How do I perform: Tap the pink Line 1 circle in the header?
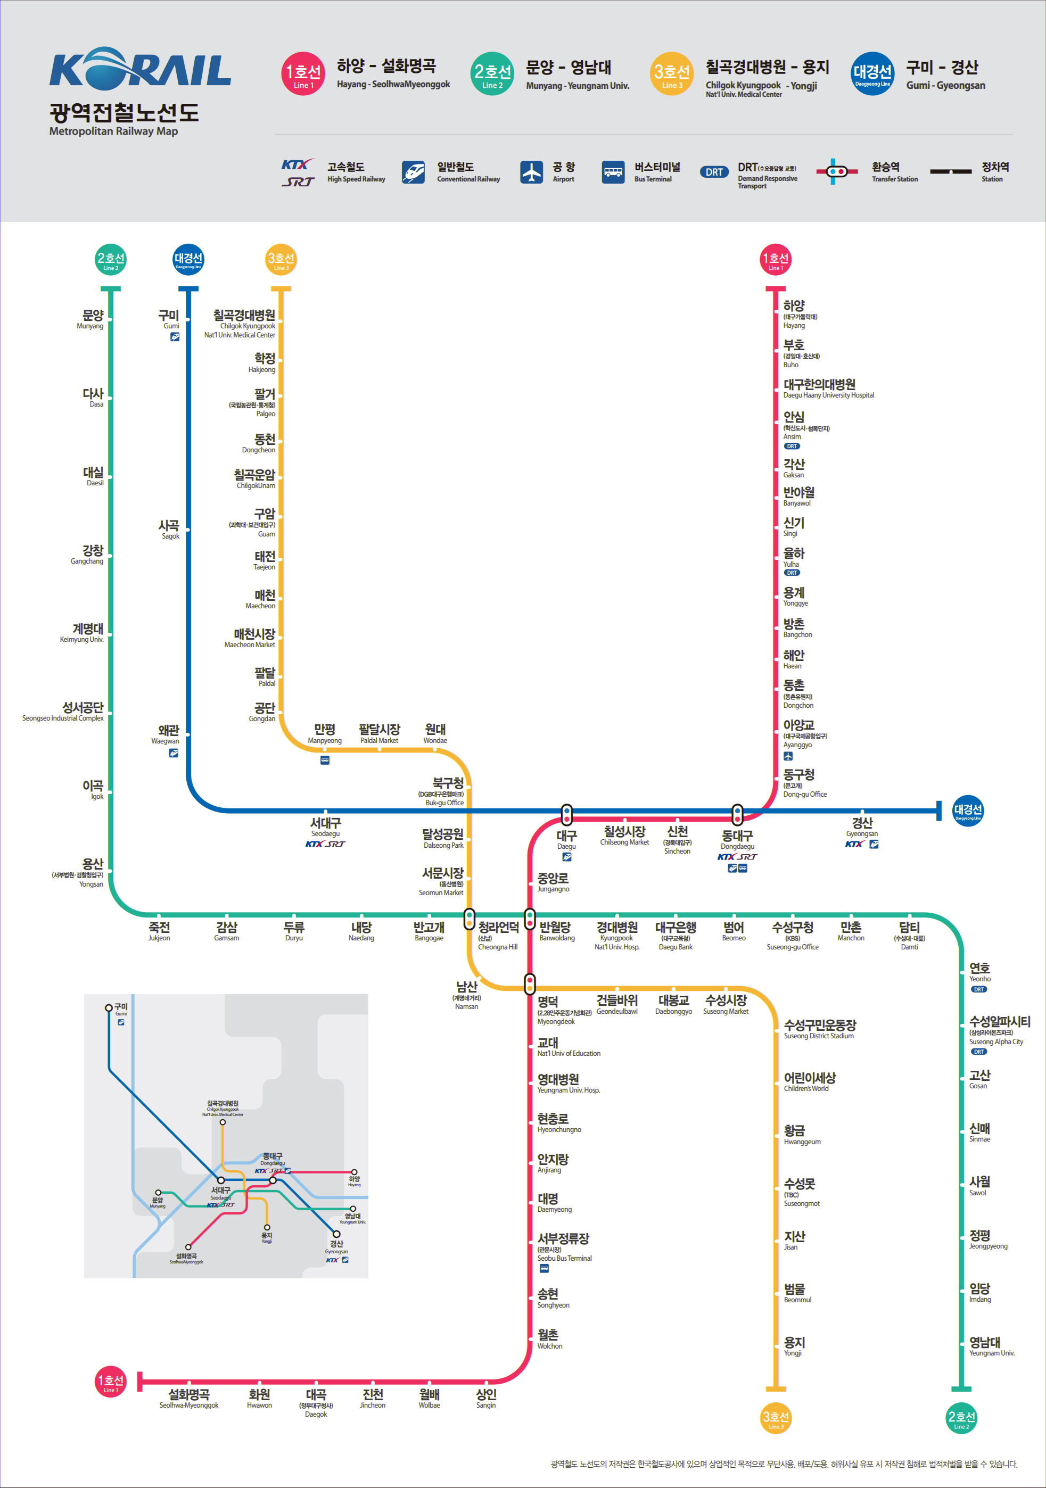(303, 74)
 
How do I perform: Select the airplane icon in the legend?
(531, 172)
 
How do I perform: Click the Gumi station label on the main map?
(169, 319)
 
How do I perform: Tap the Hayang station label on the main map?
(795, 313)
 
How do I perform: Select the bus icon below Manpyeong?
(325, 760)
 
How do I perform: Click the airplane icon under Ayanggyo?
(788, 756)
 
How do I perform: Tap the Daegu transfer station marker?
(566, 814)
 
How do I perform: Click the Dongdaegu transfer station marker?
(737, 814)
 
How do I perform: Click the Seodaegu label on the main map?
(325, 827)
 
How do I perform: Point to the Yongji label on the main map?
(794, 1345)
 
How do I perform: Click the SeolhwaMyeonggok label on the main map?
(188, 1399)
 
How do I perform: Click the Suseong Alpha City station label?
(999, 1030)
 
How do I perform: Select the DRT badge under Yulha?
(792, 573)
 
